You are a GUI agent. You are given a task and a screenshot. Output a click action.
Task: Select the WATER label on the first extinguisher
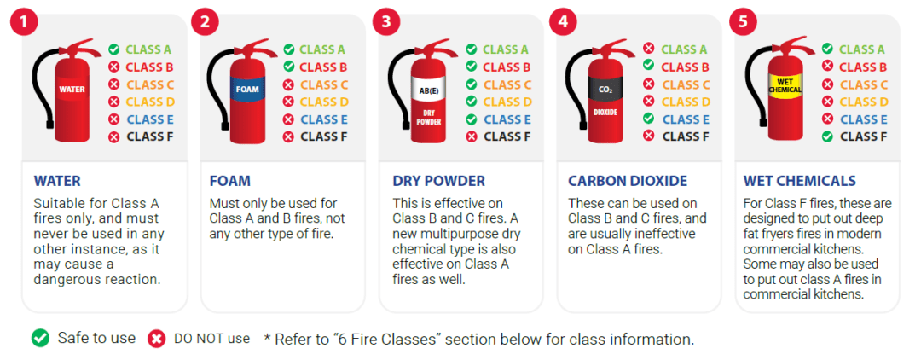pos(72,88)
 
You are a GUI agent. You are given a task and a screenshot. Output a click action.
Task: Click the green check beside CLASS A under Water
pos(113,49)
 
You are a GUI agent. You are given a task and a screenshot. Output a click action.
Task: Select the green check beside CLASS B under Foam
pos(289,67)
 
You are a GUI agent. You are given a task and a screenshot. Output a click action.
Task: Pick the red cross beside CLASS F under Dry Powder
pos(472,136)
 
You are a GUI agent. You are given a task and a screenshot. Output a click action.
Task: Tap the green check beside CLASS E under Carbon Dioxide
pos(649,119)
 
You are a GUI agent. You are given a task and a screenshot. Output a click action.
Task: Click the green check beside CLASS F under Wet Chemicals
pos(827,136)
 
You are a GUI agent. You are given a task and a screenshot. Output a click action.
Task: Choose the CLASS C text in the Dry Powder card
pos(507,84)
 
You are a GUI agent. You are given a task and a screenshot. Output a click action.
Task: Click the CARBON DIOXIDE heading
pos(627,181)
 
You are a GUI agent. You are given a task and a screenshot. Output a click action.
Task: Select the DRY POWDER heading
pos(438,181)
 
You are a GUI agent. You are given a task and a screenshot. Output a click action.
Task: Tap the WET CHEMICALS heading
pos(799,181)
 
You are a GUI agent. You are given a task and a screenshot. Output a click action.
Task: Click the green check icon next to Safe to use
pos(40,339)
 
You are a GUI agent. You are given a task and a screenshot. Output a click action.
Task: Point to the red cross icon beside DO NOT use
pos(156,339)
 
